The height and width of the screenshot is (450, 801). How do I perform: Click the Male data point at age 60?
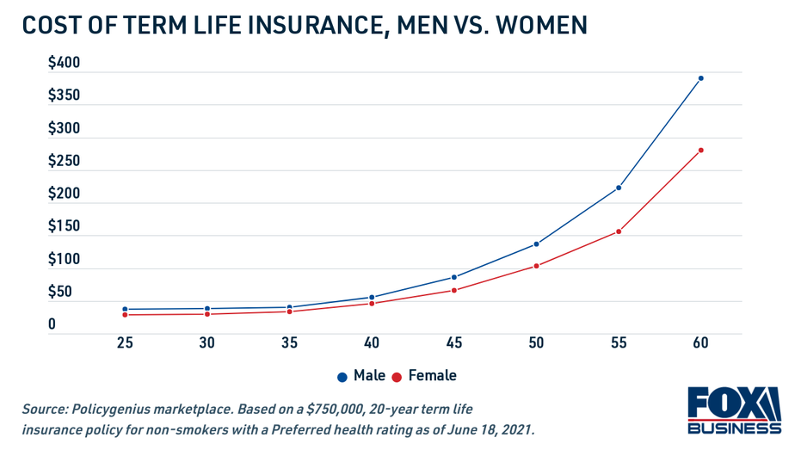(x=700, y=78)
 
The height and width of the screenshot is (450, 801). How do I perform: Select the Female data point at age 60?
(x=700, y=151)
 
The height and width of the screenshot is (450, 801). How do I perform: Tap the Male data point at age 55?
(x=619, y=188)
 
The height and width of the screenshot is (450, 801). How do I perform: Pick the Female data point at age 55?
(x=619, y=231)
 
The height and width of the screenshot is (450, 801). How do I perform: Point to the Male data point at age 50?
(x=536, y=243)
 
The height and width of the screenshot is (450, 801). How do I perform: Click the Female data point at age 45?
(x=454, y=290)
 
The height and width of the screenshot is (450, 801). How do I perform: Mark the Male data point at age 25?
(x=125, y=309)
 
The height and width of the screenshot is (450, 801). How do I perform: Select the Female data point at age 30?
(x=207, y=314)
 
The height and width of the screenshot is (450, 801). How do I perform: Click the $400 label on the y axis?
(x=64, y=63)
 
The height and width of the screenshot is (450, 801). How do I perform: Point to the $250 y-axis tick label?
(x=64, y=161)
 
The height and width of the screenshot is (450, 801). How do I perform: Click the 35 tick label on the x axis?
(x=289, y=343)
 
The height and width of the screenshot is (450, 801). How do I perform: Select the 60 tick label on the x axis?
(x=700, y=343)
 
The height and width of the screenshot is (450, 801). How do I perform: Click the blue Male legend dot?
(x=342, y=377)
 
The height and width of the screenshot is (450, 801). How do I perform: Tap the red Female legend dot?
(x=397, y=377)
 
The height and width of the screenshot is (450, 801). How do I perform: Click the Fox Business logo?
(x=734, y=410)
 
